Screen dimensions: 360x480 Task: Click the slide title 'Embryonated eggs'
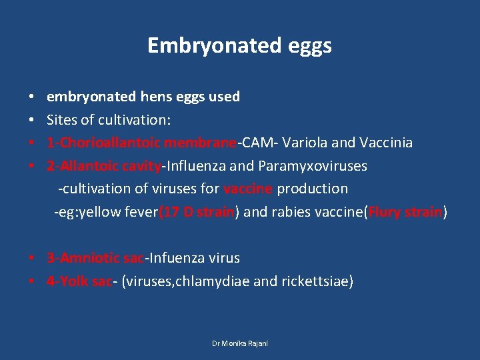(239, 45)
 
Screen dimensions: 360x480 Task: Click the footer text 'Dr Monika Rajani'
(239, 343)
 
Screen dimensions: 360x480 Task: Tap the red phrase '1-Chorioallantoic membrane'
(141, 143)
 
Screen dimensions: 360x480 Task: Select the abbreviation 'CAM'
(254, 143)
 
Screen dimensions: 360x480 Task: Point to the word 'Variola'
(305, 143)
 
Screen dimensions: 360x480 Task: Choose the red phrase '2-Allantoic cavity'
(104, 165)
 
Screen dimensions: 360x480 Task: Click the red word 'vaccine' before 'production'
(248, 189)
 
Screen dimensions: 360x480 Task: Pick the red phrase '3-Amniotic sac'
(95, 258)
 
